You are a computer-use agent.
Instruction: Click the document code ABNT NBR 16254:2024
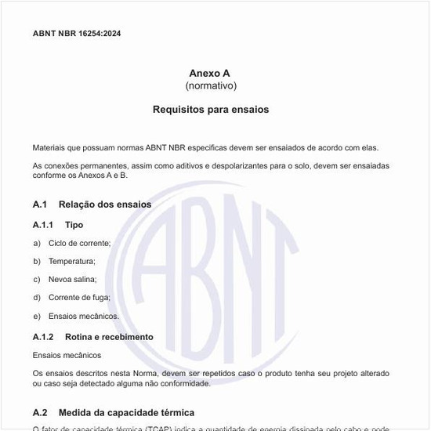(x=77, y=34)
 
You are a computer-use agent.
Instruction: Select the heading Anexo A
(x=210, y=73)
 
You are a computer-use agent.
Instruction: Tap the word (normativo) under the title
(x=210, y=85)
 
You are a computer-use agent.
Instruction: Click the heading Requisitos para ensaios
(x=210, y=110)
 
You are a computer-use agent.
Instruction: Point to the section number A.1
(x=40, y=205)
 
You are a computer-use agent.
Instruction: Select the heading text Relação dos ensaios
(x=105, y=205)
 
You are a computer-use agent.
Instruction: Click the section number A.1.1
(x=43, y=225)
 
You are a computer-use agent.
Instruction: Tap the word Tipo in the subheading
(x=74, y=225)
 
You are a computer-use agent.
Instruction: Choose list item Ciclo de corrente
(x=79, y=243)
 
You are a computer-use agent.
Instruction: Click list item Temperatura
(x=71, y=261)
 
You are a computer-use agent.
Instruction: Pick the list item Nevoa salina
(x=72, y=279)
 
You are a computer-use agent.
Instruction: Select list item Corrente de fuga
(x=79, y=298)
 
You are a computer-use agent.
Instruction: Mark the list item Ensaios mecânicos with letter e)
(x=83, y=316)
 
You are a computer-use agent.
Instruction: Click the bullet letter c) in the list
(x=37, y=279)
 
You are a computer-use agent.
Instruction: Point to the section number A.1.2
(x=43, y=337)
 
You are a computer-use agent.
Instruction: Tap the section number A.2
(x=40, y=412)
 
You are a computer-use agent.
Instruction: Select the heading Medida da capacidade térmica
(x=126, y=412)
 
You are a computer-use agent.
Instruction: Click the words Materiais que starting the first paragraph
(x=52, y=147)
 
